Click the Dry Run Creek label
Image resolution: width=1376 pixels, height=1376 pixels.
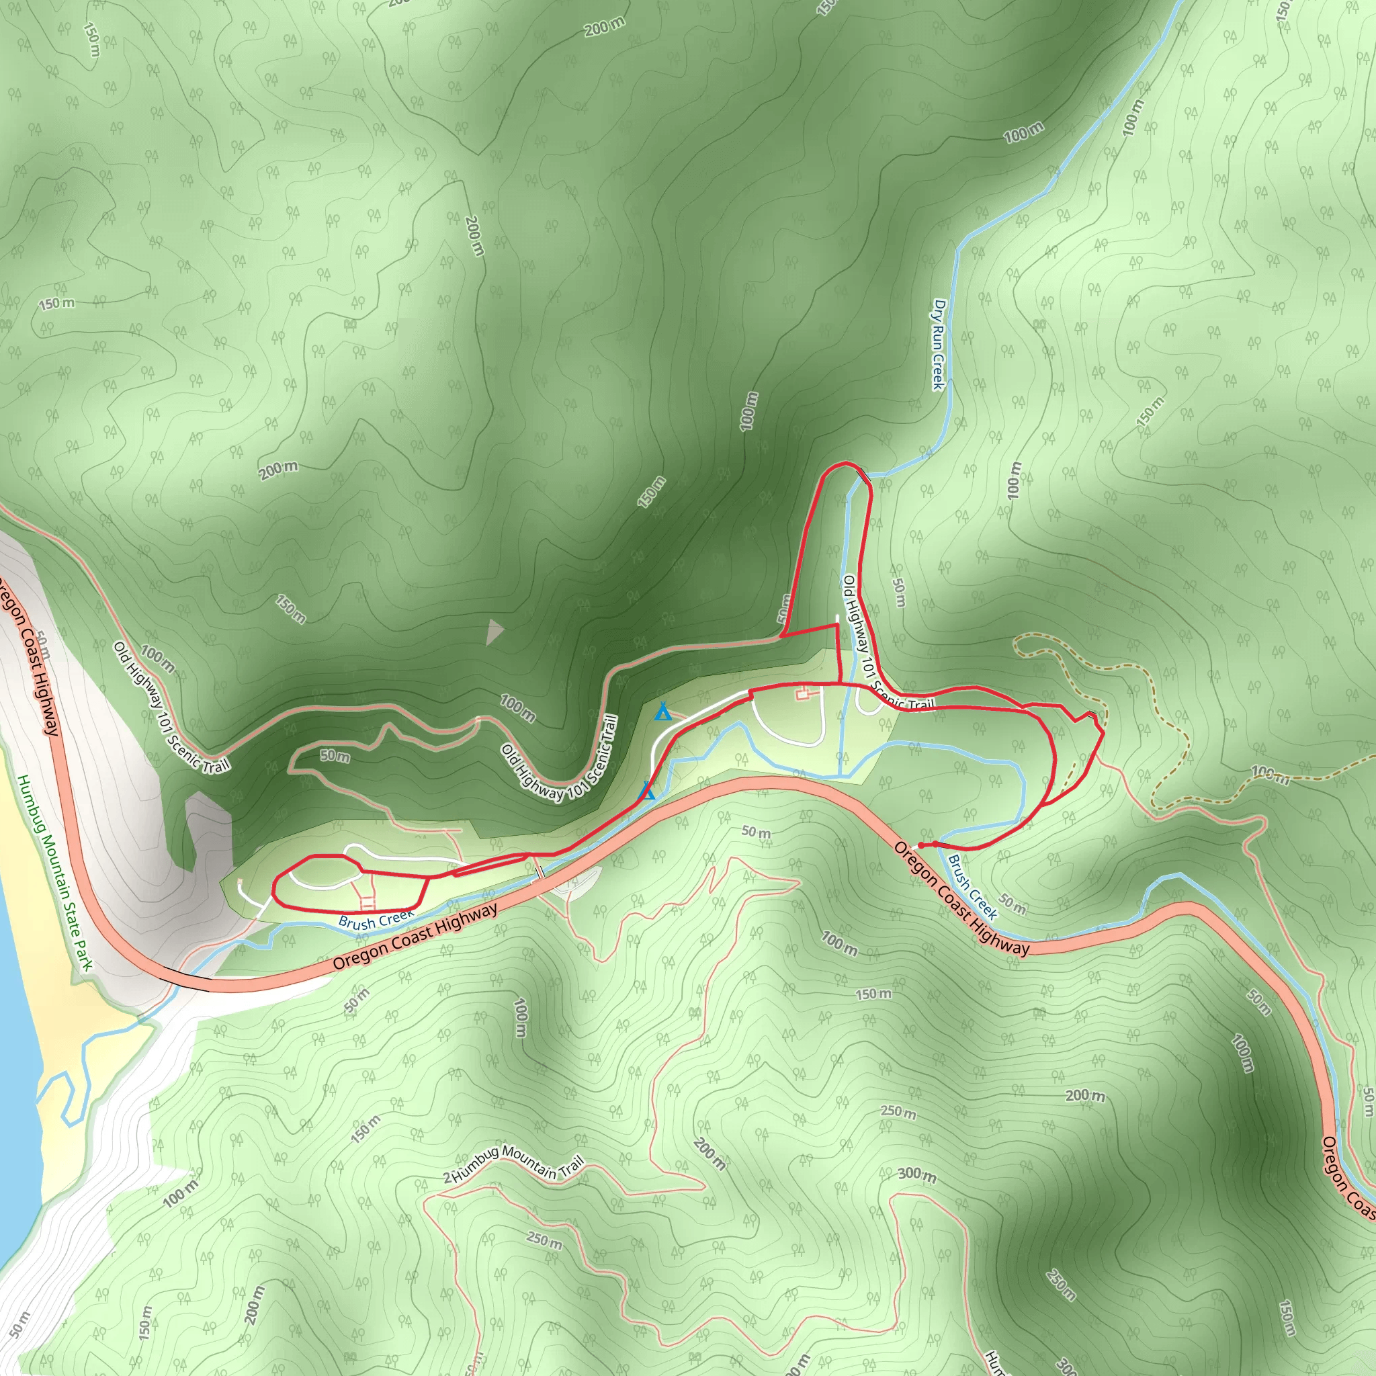939,345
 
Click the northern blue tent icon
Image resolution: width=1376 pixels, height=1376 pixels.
662,711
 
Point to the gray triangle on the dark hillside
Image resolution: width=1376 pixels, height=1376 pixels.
493,632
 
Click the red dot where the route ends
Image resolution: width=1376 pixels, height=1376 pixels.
921,845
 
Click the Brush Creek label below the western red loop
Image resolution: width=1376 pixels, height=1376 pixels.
376,920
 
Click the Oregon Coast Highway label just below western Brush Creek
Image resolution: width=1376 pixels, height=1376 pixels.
415,936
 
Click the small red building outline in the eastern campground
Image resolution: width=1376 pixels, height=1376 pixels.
803,693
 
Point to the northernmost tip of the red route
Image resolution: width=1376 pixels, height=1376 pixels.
845,463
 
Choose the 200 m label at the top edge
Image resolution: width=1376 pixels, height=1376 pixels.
605,27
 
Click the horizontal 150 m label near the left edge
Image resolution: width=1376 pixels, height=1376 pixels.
56,304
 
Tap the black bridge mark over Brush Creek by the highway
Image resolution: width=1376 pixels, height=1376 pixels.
540,871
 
